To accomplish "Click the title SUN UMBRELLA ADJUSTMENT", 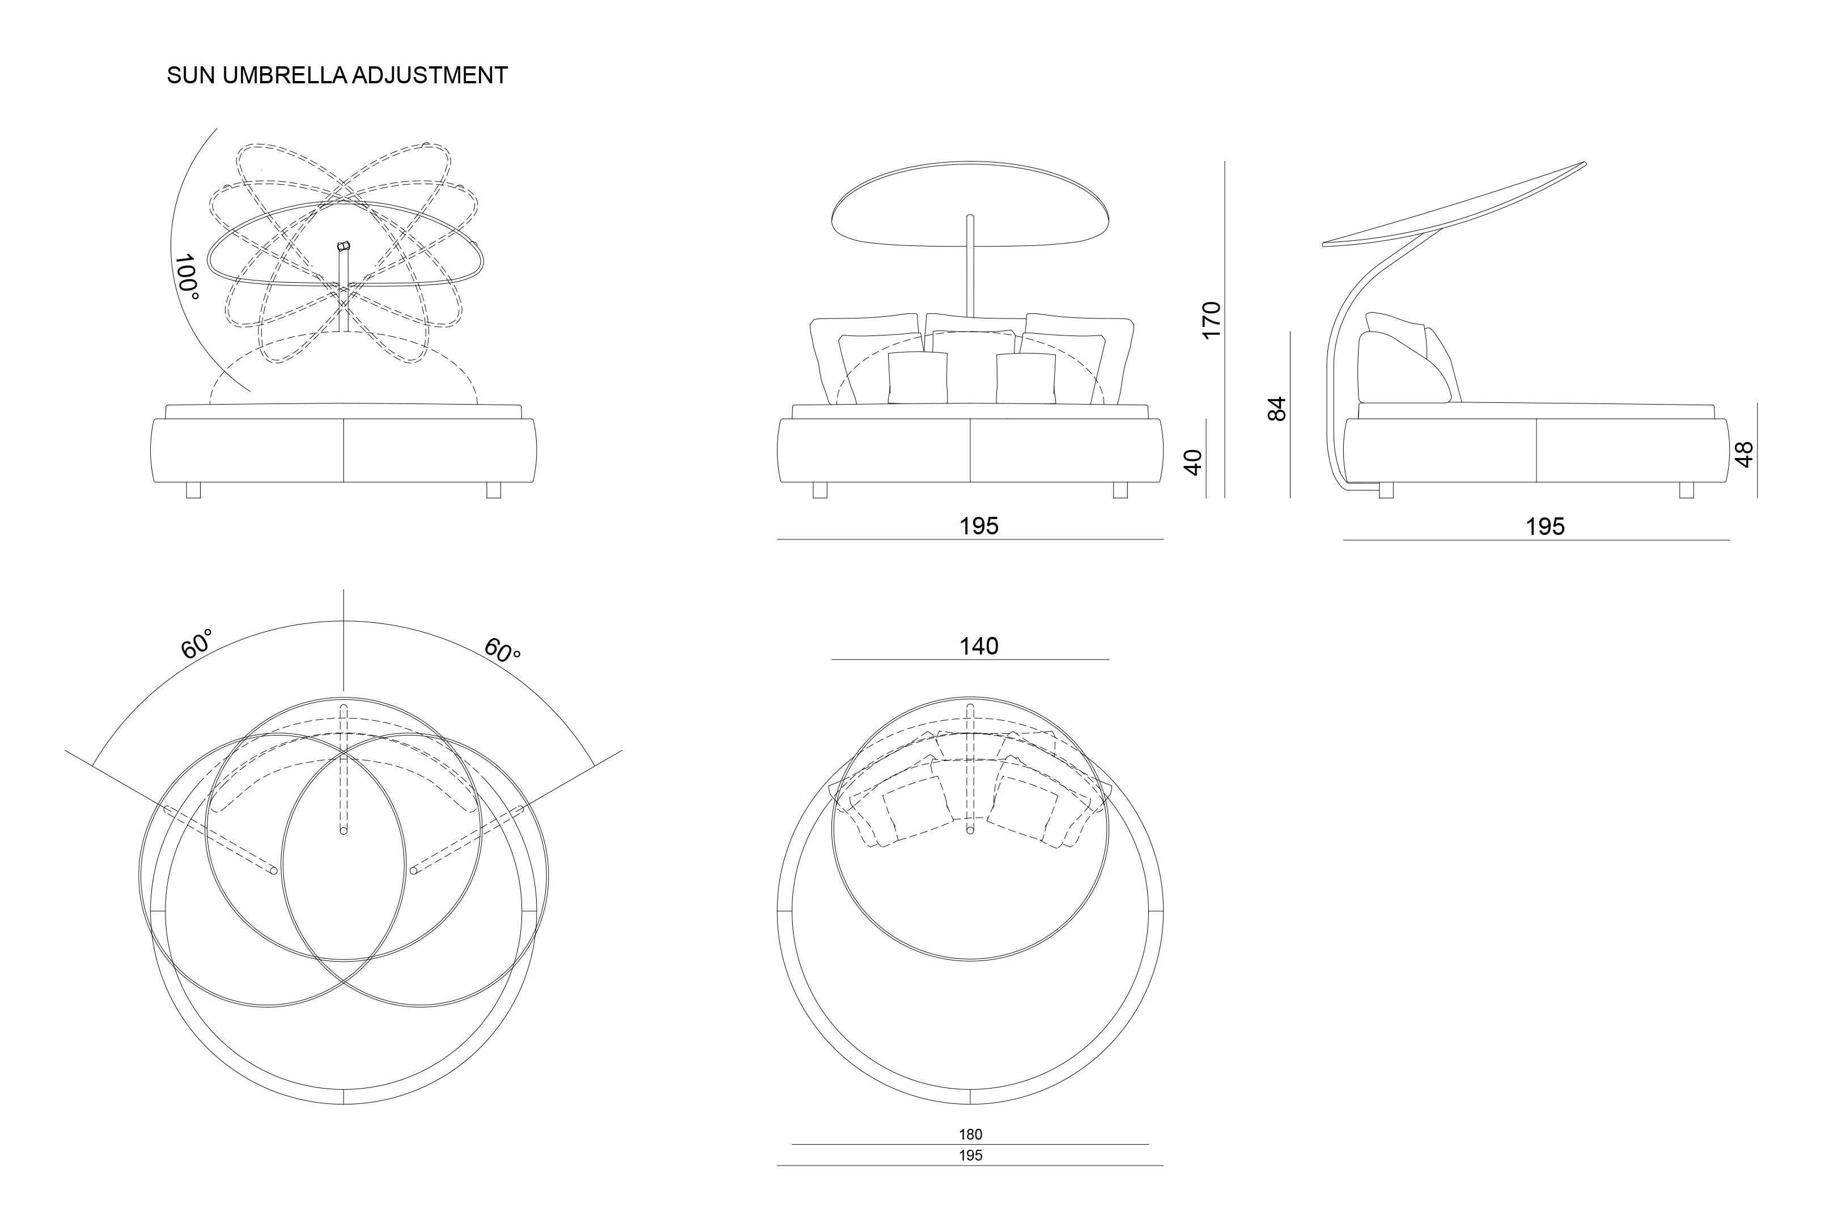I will click(337, 76).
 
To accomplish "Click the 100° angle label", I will click(186, 277).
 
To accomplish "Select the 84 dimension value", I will click(1277, 409).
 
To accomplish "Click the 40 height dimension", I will click(1192, 462).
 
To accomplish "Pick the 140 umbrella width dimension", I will click(979, 647).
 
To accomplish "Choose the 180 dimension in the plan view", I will click(970, 1134).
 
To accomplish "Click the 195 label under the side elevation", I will click(1545, 527).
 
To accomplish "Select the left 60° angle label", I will click(197, 645).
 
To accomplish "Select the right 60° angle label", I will click(502, 649).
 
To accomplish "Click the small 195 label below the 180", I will click(970, 1155).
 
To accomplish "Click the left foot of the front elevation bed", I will click(820, 490).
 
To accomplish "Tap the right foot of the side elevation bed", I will click(1686, 490).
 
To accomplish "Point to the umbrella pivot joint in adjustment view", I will click(343, 246).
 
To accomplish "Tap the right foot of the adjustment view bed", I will click(493, 490).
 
